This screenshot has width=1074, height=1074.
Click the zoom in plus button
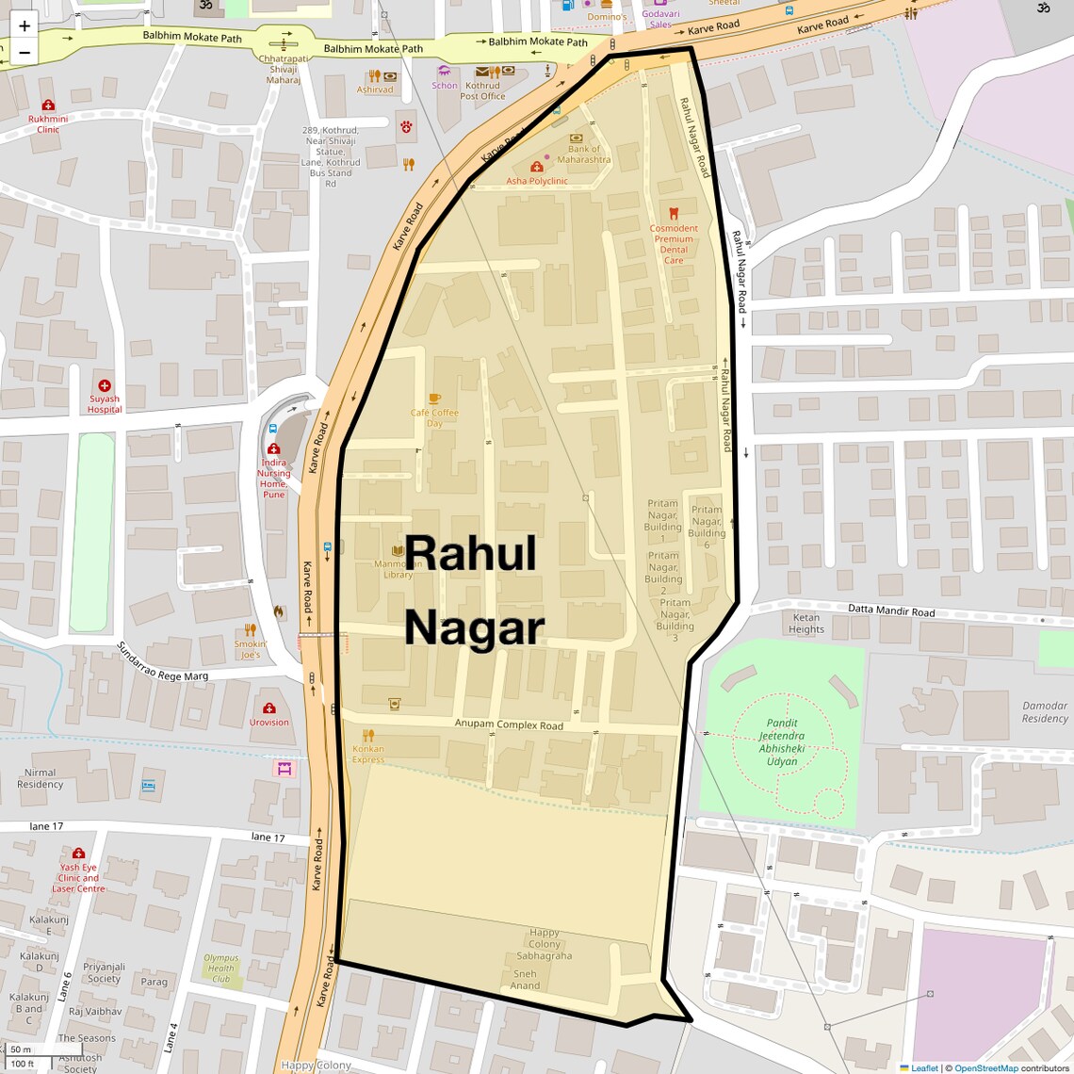tap(24, 25)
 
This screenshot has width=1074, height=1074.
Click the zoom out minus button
tap(24, 53)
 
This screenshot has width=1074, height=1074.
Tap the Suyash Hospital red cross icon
tap(105, 385)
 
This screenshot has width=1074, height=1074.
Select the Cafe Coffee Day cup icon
tap(434, 399)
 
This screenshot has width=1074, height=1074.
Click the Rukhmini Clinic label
tap(48, 124)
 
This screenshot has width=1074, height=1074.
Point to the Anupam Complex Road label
tap(509, 724)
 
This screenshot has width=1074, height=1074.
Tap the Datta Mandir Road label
tap(890, 610)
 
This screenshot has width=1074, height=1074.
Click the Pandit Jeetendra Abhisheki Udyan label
tap(781, 742)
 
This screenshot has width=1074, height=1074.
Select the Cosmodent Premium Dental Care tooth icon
tap(674, 214)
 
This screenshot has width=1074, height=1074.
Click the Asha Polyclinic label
tap(537, 181)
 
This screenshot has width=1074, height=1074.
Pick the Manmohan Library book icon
tap(398, 550)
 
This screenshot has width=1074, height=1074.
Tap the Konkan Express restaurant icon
tap(368, 735)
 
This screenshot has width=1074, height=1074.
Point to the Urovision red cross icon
tap(269, 708)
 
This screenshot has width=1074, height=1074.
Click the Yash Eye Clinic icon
tap(78, 854)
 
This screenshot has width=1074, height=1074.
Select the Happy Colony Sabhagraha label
tap(544, 944)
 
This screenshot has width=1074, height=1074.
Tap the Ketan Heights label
tap(805, 624)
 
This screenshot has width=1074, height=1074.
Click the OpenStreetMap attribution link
tap(985, 1068)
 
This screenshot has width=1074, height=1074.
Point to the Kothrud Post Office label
tap(482, 90)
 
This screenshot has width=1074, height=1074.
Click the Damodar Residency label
tap(1045, 711)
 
